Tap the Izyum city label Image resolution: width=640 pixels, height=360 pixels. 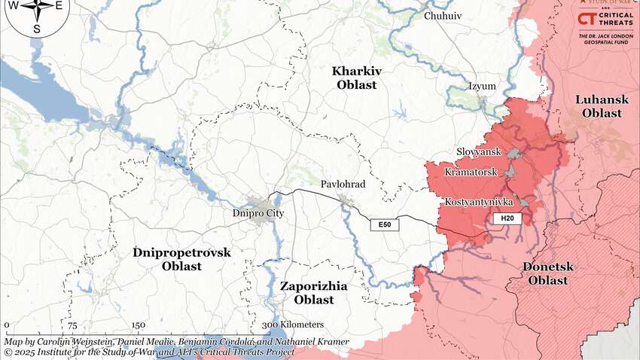point(482,86)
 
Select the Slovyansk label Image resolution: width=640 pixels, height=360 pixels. point(478,151)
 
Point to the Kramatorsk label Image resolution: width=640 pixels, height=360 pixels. point(471,172)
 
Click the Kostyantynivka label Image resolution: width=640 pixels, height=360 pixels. point(478,203)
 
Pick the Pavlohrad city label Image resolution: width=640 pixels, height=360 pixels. point(343,185)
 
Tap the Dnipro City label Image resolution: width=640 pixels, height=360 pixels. point(255,213)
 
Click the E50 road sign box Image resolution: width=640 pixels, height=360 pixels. point(384,224)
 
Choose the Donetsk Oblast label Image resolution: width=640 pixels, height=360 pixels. point(547,273)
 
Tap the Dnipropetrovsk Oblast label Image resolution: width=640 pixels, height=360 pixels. point(181,259)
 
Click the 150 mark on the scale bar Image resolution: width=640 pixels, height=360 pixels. point(138,325)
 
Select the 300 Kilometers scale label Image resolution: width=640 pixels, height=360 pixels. point(292,325)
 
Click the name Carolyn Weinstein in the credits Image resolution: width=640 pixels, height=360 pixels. point(70,342)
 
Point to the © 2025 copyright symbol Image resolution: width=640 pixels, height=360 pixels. point(8,352)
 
